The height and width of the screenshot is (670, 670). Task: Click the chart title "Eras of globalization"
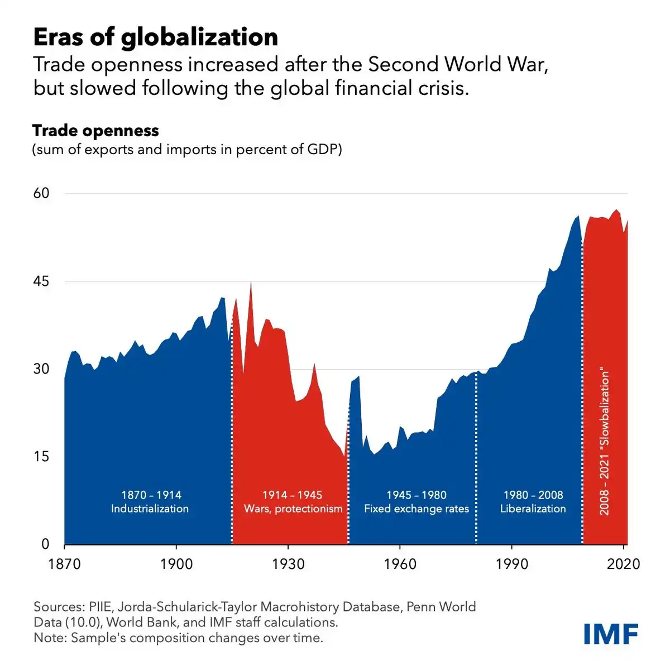pyautogui.click(x=155, y=37)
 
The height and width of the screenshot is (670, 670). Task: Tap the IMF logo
pyautogui.click(x=611, y=634)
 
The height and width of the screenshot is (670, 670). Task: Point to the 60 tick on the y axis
pyautogui.click(x=41, y=193)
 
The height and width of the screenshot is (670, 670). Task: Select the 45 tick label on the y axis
pyautogui.click(x=41, y=281)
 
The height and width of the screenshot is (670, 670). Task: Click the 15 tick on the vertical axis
pyautogui.click(x=41, y=456)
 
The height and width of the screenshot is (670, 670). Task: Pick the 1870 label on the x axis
pyautogui.click(x=65, y=564)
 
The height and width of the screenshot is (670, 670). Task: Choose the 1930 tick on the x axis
pyautogui.click(x=288, y=564)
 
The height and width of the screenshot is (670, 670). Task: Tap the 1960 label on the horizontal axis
pyautogui.click(x=400, y=564)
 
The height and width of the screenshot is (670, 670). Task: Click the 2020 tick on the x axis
pyautogui.click(x=623, y=564)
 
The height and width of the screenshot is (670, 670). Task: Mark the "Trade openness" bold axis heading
pyautogui.click(x=95, y=131)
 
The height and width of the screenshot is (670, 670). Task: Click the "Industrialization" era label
pyautogui.click(x=150, y=509)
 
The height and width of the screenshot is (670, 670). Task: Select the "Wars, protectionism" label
pyautogui.click(x=293, y=509)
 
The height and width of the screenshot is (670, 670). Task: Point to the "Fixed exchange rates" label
pyautogui.click(x=417, y=509)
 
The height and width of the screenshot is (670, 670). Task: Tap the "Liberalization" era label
pyautogui.click(x=533, y=509)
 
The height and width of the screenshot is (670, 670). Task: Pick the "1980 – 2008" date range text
pyautogui.click(x=533, y=495)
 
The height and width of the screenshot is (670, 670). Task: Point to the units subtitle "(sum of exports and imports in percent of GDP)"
pyautogui.click(x=186, y=150)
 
